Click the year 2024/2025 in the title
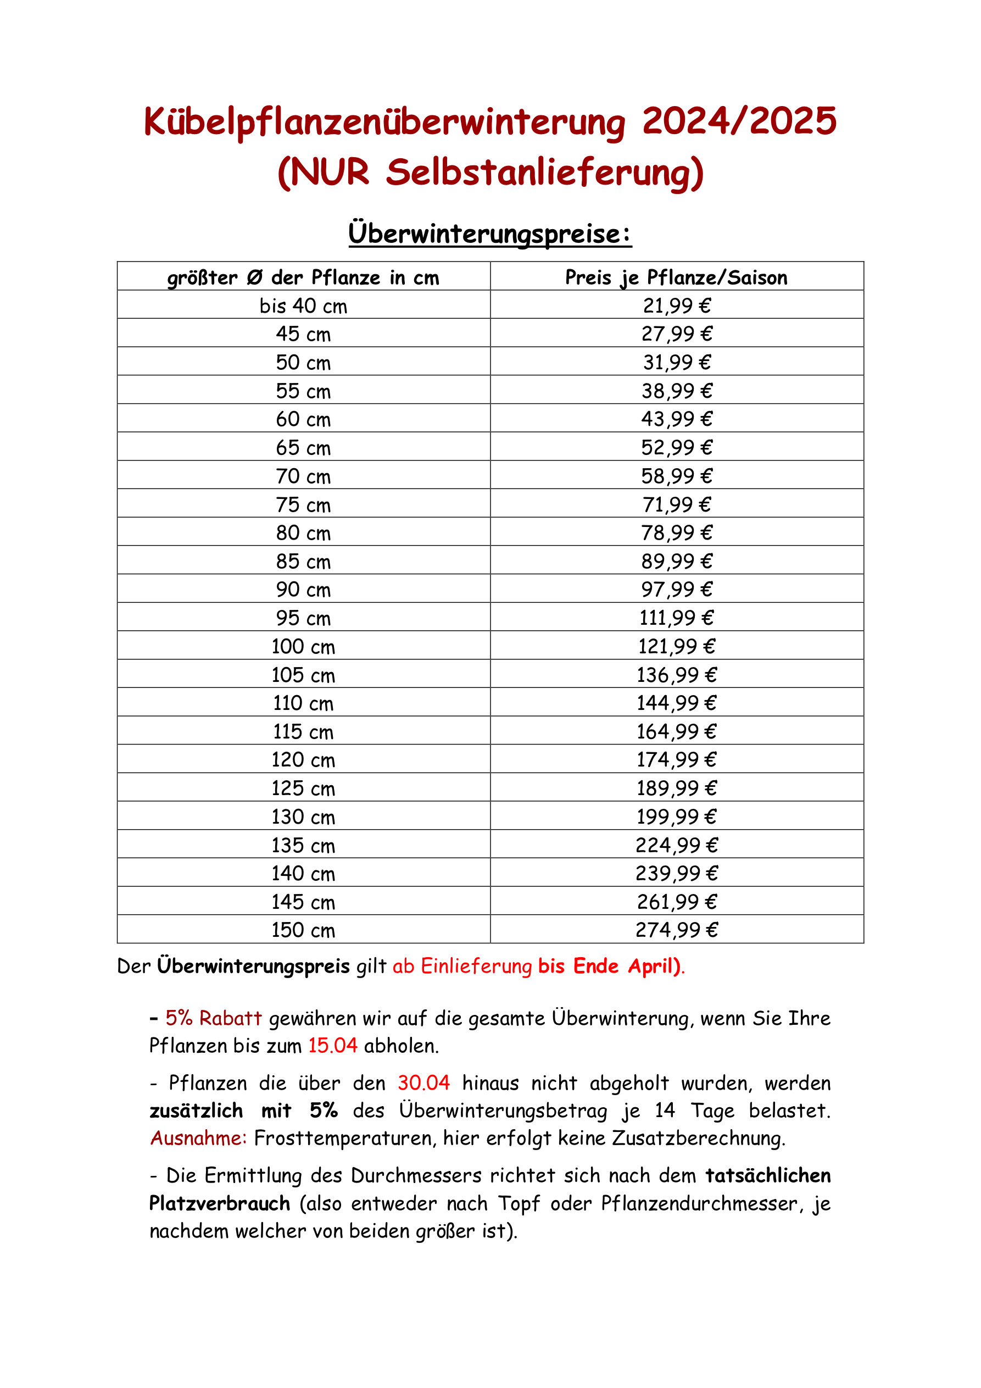[739, 121]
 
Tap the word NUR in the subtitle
[330, 173]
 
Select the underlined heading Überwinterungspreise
[489, 234]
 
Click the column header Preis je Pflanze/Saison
[676, 277]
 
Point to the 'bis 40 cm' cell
[303, 306]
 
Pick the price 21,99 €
[676, 306]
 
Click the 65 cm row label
[303, 448]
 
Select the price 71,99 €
[676, 504]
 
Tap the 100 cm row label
[303, 646]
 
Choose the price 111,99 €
[676, 618]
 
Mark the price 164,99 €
[676, 731]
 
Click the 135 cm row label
[303, 845]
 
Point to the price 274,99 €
[676, 930]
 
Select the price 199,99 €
[676, 817]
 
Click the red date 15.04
[332, 1046]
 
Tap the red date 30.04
[423, 1082]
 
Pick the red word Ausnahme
[198, 1139]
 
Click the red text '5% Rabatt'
[213, 1018]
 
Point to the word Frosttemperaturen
[343, 1139]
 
